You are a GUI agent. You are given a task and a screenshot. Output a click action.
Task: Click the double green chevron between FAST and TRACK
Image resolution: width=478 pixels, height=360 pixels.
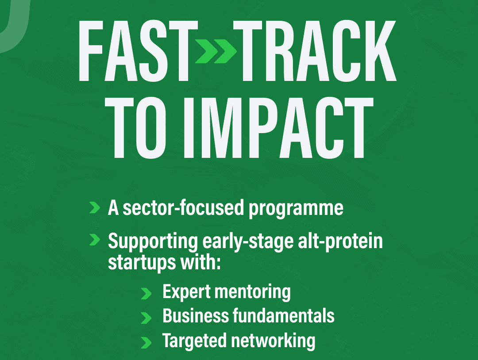pos(216,51)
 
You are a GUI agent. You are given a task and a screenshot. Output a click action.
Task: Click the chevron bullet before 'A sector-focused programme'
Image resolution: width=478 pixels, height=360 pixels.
pos(94,207)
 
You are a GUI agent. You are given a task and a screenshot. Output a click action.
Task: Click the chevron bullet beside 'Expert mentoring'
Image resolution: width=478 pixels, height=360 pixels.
pos(146,293)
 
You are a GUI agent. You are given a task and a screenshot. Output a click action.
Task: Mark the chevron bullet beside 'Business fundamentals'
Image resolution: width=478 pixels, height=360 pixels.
pos(146,318)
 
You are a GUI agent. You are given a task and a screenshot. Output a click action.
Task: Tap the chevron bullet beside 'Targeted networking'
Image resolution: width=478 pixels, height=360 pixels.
pos(146,342)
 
